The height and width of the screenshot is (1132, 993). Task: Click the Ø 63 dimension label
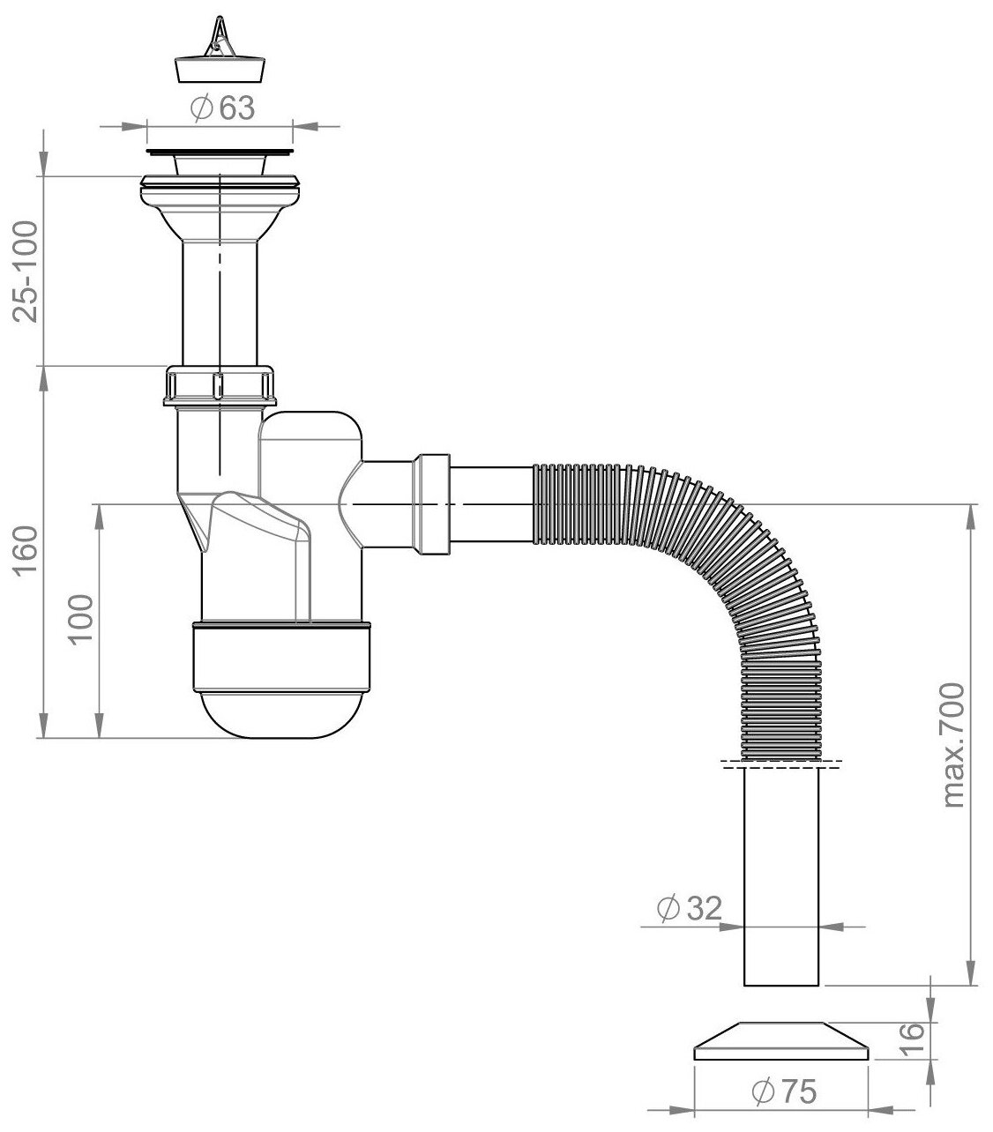221,108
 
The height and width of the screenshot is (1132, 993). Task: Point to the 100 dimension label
82,620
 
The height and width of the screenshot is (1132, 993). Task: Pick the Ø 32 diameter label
689,907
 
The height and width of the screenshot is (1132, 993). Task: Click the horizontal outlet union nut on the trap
431,503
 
